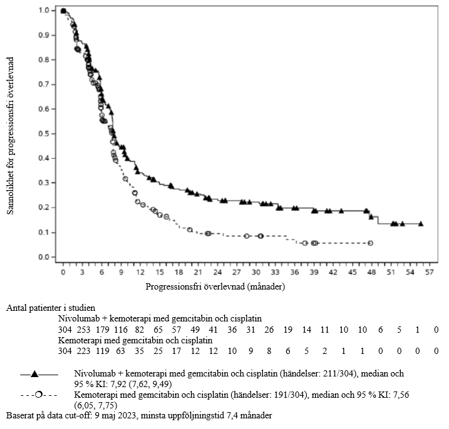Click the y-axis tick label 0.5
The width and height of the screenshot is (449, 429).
click(43, 134)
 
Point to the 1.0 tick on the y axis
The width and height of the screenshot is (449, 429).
click(43, 11)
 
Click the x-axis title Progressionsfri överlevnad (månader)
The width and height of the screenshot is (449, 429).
click(216, 288)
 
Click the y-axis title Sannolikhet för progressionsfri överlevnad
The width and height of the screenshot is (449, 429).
click(11, 134)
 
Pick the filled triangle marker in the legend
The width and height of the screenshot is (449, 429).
click(35, 374)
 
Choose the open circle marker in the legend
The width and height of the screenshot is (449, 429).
click(39, 395)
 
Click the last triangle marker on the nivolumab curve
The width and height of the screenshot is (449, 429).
click(421, 224)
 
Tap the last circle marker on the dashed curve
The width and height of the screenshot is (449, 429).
click(371, 243)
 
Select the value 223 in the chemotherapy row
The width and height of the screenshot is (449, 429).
click(83, 351)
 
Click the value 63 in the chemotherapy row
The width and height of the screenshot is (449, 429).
click(121, 351)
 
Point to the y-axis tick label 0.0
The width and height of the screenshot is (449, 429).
click(43, 257)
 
